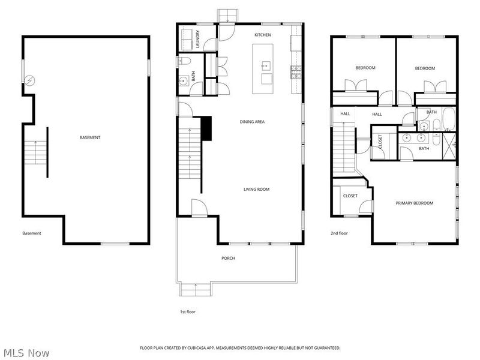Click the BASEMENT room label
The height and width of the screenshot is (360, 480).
[x=90, y=137]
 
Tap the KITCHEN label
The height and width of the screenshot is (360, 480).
[x=263, y=35]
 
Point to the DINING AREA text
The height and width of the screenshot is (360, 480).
[x=252, y=122]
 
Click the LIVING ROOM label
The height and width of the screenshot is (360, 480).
[x=256, y=190]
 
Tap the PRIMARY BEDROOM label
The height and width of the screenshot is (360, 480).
[x=414, y=203]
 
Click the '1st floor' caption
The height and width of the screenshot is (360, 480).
[x=188, y=311]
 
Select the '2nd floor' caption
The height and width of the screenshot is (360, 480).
[x=339, y=233]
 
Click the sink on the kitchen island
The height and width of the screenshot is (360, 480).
[x=266, y=65]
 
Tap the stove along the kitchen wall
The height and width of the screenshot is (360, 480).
[x=295, y=72]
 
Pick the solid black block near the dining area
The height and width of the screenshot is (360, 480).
[x=208, y=128]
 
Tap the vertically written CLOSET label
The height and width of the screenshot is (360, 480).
[x=380, y=142]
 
